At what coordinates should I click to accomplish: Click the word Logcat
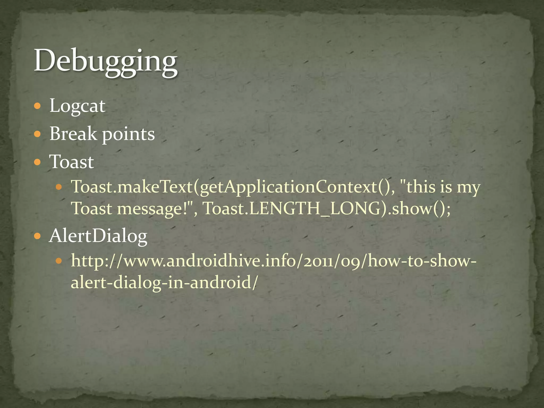point(77,106)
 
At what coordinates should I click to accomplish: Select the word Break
point(73,134)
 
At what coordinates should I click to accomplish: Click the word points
point(128,134)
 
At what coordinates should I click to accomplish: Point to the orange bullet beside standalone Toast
point(38,162)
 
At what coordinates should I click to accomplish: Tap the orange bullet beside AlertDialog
point(38,236)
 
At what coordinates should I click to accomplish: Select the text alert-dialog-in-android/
point(164,282)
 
